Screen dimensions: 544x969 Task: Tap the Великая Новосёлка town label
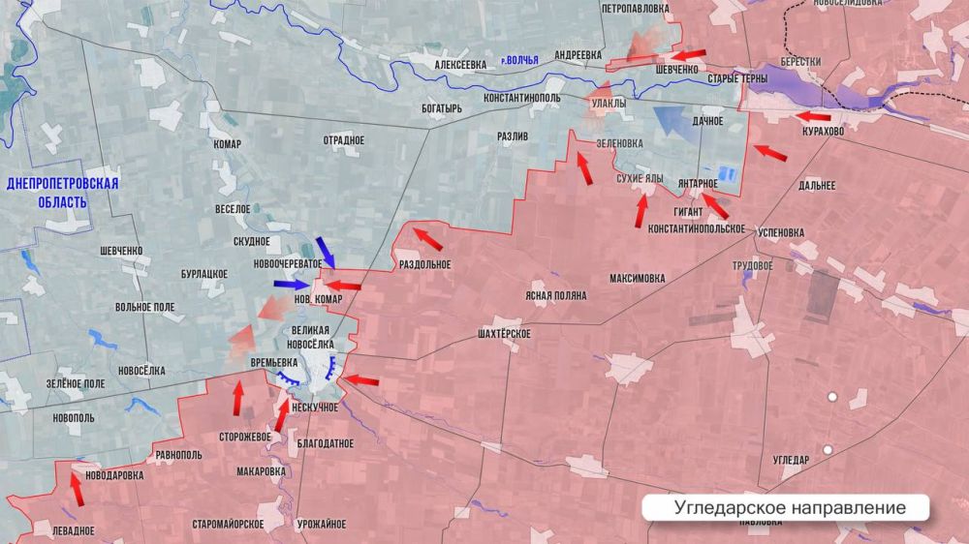[x=312, y=337]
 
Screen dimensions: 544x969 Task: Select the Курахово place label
[x=823, y=131]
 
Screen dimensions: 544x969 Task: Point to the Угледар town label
[x=791, y=460]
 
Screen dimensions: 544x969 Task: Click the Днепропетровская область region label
[x=62, y=193]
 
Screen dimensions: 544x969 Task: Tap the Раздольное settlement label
[x=424, y=263]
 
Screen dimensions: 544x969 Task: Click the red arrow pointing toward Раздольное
[x=427, y=238]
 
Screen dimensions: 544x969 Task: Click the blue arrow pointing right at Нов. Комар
[x=291, y=285]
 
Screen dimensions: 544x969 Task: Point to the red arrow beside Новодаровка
[x=76, y=491]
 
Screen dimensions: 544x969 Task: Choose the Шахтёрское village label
[x=504, y=333]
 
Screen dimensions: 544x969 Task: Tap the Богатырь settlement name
[x=442, y=107]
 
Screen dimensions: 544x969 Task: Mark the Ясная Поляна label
[x=555, y=295]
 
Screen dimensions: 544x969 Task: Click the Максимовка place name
[x=638, y=279]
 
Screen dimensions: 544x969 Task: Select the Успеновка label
[x=780, y=233]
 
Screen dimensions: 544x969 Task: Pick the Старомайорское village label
[x=228, y=524]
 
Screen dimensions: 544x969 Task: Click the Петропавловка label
[x=635, y=9]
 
